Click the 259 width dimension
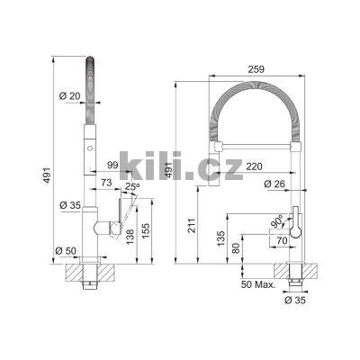tap(256, 67)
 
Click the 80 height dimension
tap(237, 249)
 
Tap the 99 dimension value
tap(113, 165)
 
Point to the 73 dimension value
tap(106, 183)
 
